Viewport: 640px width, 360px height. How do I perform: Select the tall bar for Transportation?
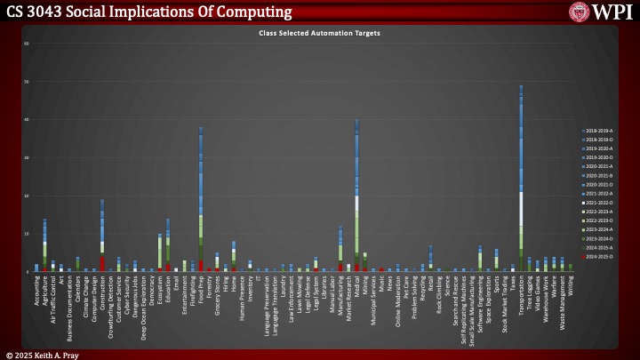[x=521, y=178]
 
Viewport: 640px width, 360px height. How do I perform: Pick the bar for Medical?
[x=356, y=196]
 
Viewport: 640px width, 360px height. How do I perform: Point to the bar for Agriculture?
[x=44, y=244]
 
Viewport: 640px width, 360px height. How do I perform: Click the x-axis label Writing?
[x=570, y=286]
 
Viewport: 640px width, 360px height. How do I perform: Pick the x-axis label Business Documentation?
[x=69, y=307]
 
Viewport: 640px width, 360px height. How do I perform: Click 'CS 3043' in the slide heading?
[x=34, y=12]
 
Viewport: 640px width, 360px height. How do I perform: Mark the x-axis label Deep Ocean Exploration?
[x=143, y=306]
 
